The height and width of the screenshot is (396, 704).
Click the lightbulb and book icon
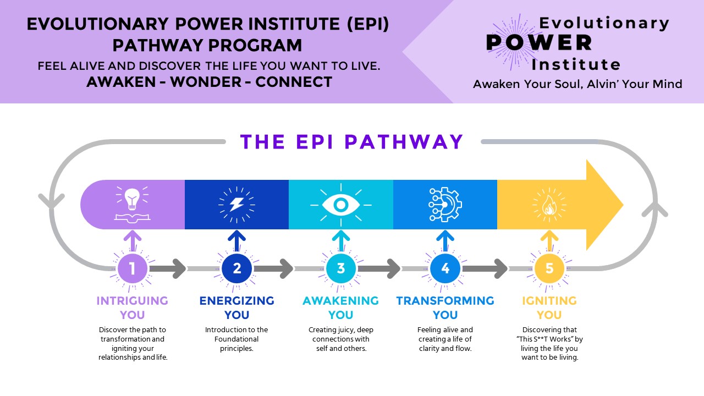(x=133, y=205)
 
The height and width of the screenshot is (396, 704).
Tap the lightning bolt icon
(x=237, y=205)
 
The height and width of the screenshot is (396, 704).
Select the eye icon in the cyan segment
(x=341, y=205)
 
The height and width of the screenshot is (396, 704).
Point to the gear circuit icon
(x=445, y=205)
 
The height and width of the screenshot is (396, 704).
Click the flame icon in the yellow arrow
(x=549, y=206)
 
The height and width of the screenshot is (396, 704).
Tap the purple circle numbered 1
(x=133, y=268)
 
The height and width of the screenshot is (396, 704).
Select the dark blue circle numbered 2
(x=237, y=268)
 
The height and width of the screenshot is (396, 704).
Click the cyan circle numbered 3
(x=341, y=268)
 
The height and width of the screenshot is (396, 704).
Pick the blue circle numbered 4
(x=445, y=268)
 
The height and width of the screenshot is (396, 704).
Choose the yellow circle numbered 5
(x=549, y=268)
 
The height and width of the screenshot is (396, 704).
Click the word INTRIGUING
(x=133, y=301)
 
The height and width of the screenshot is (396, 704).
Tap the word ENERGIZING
(x=237, y=301)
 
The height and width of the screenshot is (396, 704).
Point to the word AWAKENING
(x=340, y=301)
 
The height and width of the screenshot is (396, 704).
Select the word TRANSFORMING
(x=445, y=301)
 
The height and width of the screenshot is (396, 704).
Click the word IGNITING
(x=549, y=301)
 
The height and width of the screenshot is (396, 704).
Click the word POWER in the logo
(x=539, y=43)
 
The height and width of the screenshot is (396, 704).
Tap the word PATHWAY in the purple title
(x=404, y=142)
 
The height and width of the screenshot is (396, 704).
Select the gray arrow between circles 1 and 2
(x=168, y=269)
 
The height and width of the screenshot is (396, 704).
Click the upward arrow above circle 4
(x=445, y=241)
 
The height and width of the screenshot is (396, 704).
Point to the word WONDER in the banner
(x=206, y=82)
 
